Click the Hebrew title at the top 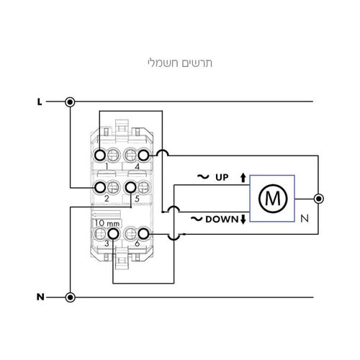180,62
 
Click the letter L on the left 40,102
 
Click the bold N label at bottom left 40,297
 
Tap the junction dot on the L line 70,102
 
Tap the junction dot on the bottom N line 70,297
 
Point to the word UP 222,177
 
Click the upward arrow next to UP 243,177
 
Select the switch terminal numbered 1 99,155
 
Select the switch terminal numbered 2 99,188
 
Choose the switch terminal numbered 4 143,155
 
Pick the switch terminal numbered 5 131,188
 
